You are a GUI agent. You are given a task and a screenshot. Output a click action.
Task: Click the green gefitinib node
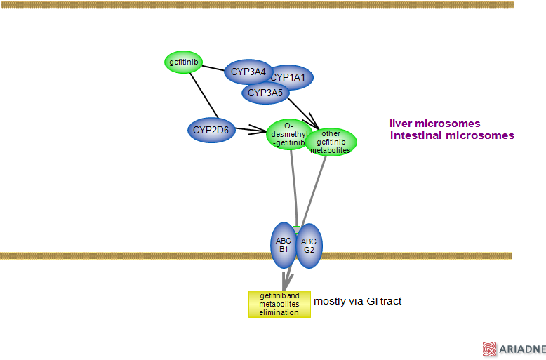(184, 62)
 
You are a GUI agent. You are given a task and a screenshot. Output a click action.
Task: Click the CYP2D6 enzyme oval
(211, 130)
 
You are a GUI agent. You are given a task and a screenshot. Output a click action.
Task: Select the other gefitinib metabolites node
(331, 141)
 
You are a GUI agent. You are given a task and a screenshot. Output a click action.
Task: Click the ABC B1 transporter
(283, 245)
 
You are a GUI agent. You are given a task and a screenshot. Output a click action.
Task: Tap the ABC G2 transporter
(309, 246)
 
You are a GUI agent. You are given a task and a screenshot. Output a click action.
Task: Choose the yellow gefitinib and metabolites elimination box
(279, 304)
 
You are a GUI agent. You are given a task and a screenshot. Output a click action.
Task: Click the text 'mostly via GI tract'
(357, 301)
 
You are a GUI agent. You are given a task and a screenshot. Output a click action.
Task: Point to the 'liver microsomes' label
(435, 124)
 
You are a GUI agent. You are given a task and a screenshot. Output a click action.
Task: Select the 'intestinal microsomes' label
(452, 135)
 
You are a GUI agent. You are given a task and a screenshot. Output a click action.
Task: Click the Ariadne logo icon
(489, 349)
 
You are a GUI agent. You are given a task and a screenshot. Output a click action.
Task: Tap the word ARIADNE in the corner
(523, 349)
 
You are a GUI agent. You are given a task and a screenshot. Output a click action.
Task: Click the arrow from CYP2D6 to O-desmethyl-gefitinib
(251, 130)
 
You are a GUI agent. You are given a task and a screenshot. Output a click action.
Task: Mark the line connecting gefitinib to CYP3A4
(213, 67)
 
